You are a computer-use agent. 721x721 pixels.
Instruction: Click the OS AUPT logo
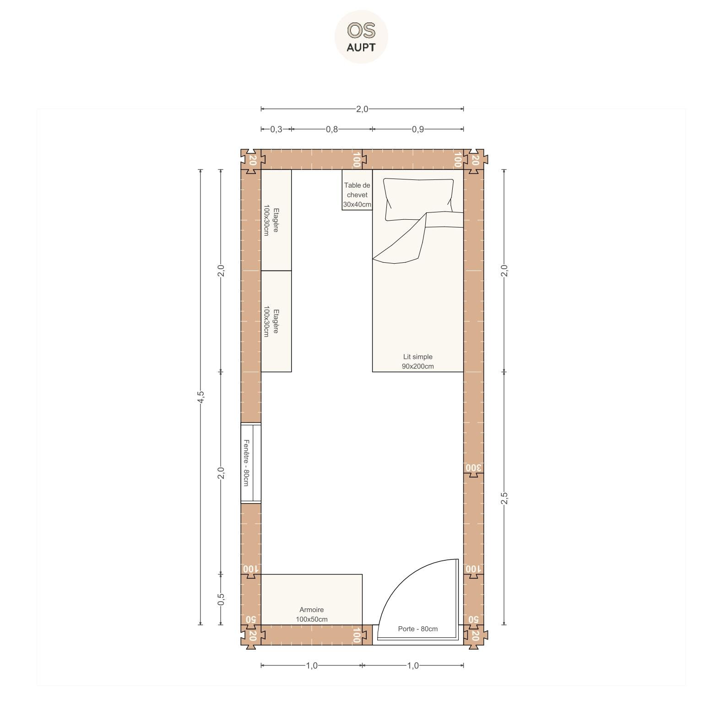[x=361, y=37]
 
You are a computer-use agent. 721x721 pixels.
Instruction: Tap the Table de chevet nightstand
[x=357, y=190]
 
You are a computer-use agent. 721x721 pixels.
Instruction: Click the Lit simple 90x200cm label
[x=417, y=361]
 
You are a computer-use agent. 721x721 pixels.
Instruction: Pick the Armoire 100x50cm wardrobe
[x=311, y=599]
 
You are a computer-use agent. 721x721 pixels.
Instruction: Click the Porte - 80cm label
[x=417, y=629]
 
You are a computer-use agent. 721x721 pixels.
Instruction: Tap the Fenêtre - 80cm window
[x=251, y=463]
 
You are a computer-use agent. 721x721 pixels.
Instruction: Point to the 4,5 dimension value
[x=201, y=397]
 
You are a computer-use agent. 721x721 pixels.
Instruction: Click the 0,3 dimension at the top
[x=276, y=129]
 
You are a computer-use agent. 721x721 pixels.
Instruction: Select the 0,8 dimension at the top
[x=332, y=129]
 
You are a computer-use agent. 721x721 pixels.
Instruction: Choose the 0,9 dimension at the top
[x=417, y=129]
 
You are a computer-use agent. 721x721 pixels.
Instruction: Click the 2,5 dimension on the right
[x=504, y=498]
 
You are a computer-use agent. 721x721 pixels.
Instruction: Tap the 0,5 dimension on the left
[x=221, y=599]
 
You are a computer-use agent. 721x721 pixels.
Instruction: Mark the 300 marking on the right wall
[x=473, y=468]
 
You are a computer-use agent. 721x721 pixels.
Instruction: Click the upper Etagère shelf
[x=276, y=220]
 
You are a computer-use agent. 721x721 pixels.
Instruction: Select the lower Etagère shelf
[x=276, y=321]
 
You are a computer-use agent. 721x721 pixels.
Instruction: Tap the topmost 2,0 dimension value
[x=362, y=109]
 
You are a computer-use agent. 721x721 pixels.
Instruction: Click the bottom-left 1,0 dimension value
[x=311, y=665]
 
